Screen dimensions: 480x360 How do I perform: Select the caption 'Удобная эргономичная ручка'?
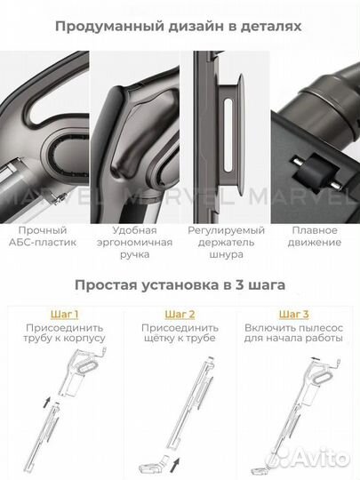134,242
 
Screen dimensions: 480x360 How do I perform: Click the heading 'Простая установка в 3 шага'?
179,287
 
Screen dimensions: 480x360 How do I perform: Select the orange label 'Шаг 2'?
179,314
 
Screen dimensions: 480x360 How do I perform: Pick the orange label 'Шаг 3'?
294,314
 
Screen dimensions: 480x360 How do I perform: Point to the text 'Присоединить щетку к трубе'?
179,335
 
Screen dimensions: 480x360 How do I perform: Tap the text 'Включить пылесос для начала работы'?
294,335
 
